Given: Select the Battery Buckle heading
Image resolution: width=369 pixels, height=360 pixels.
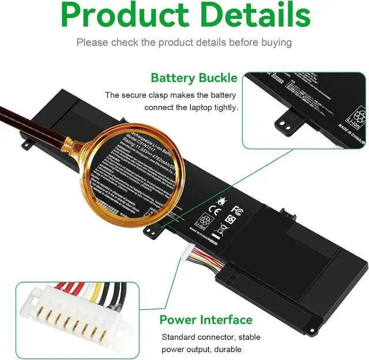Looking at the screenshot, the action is click(194, 78).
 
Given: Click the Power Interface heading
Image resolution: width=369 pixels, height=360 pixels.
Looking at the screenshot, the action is click(206, 320).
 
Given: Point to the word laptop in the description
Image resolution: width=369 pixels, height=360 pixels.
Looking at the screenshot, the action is click(198, 108).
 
